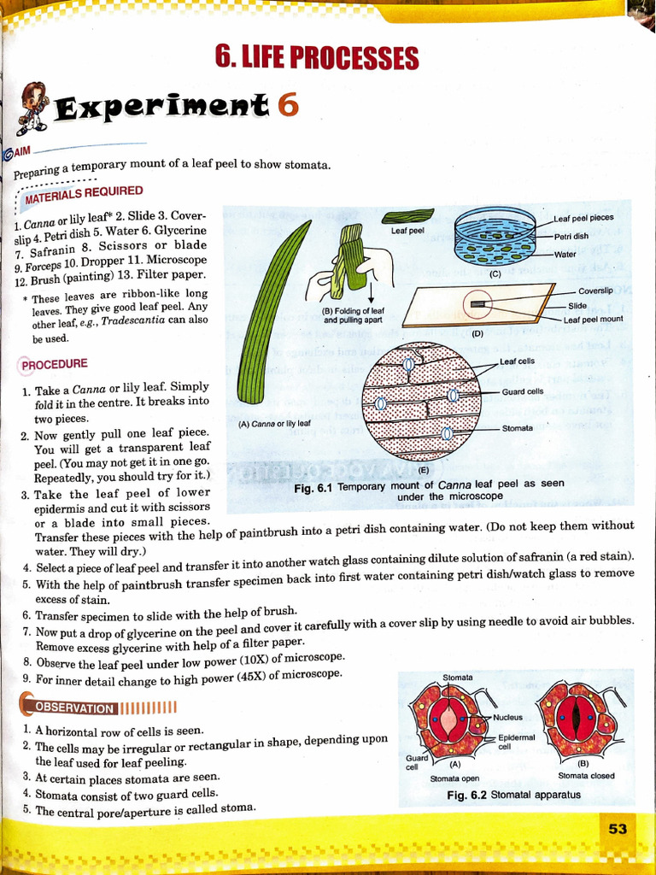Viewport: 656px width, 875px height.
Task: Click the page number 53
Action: pyautogui.click(x=618, y=828)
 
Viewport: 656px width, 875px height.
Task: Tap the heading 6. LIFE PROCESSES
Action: pyautogui.click(x=317, y=58)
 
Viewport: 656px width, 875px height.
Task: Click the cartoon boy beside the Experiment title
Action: pyautogui.click(x=32, y=107)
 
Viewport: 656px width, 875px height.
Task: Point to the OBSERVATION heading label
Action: pyautogui.click(x=73, y=708)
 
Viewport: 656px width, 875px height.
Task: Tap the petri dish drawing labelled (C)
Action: pyautogui.click(x=495, y=236)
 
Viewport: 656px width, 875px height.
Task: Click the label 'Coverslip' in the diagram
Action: pyautogui.click(x=595, y=291)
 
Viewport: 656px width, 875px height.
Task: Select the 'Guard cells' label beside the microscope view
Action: pyautogui.click(x=523, y=391)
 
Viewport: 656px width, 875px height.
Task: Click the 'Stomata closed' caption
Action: pyautogui.click(x=586, y=775)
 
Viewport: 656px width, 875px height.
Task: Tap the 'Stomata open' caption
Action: pyautogui.click(x=455, y=778)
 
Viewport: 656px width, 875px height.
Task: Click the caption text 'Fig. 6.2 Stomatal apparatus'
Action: pyautogui.click(x=513, y=795)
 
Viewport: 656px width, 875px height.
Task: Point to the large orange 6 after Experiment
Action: pyautogui.click(x=288, y=105)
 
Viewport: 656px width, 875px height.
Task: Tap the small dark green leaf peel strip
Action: pyautogui.click(x=407, y=216)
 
